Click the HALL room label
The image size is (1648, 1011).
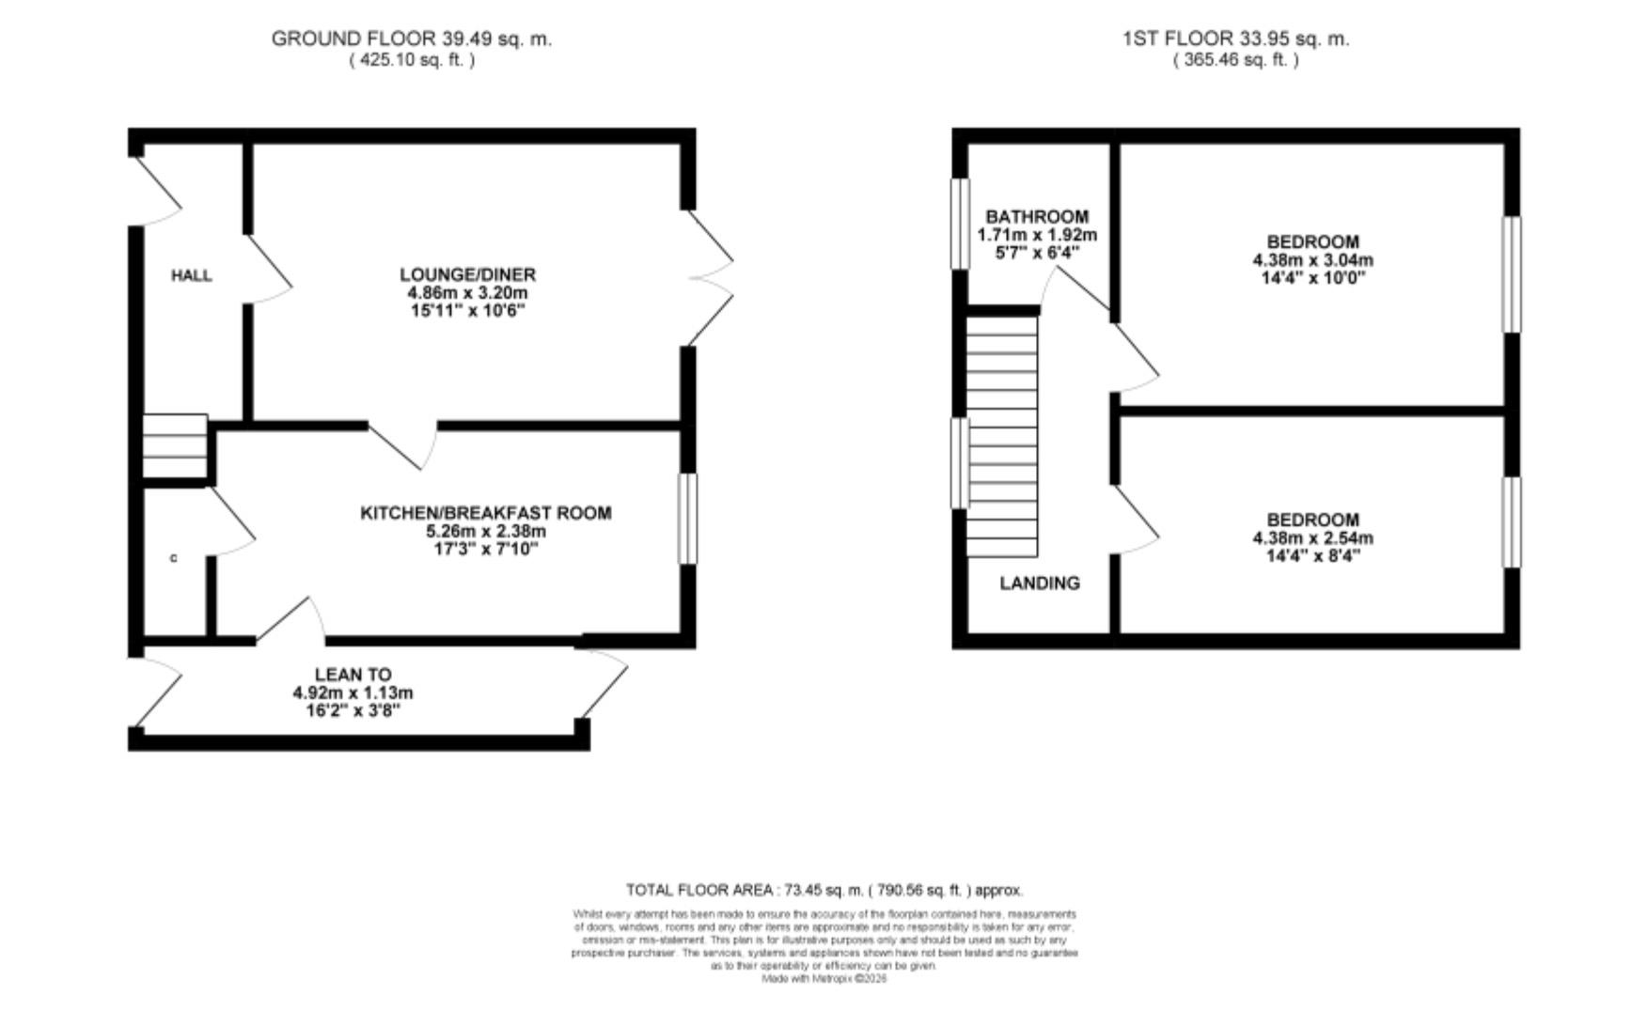[x=191, y=275]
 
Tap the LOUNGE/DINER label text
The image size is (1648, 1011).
[x=467, y=274]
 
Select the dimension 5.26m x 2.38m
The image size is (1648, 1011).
[x=485, y=531]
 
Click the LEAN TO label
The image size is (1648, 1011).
[x=353, y=675]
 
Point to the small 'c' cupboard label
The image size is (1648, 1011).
[x=173, y=559]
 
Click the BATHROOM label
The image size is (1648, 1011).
[x=1037, y=217]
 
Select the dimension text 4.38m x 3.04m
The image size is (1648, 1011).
[x=1312, y=260]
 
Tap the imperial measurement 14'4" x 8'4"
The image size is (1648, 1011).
[x=1311, y=556]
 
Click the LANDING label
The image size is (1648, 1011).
[x=1039, y=583]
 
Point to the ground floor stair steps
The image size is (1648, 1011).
[x=175, y=447]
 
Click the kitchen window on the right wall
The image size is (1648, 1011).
[x=688, y=519]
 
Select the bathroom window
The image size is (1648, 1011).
[x=960, y=224]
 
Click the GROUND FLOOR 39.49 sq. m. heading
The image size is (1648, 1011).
[x=412, y=39]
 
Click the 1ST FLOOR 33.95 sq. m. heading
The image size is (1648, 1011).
[x=1235, y=39]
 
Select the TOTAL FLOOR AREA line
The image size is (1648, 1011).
[x=824, y=890]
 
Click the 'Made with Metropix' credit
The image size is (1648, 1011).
[x=824, y=978]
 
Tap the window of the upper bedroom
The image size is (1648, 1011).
[x=1512, y=274]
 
